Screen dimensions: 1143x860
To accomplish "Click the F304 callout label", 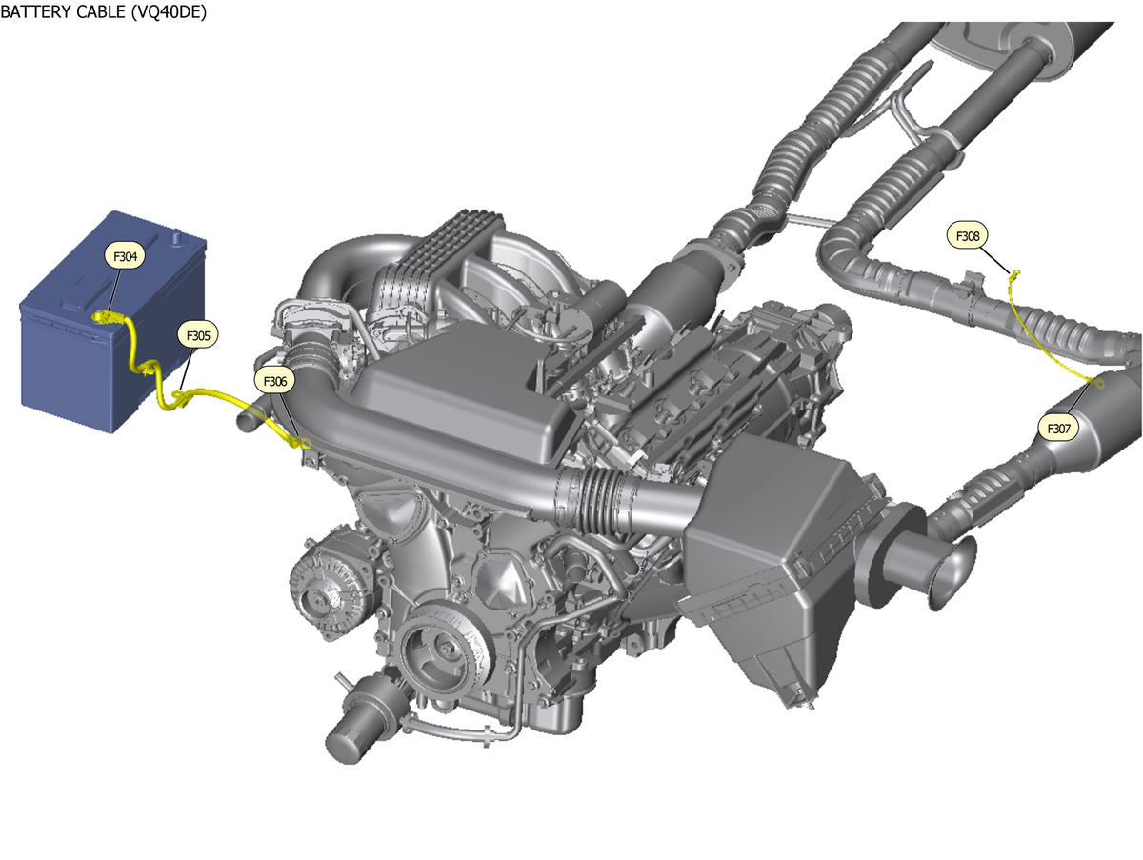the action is [125, 256].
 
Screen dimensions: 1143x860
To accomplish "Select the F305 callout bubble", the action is [198, 335].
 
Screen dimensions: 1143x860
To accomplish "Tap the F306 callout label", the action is [275, 381].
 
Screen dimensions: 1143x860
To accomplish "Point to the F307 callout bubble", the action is [1058, 429].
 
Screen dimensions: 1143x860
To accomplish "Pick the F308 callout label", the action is [968, 236].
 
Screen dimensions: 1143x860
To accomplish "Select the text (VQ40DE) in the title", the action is [169, 12].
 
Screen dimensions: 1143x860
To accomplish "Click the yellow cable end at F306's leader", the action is [302, 443].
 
